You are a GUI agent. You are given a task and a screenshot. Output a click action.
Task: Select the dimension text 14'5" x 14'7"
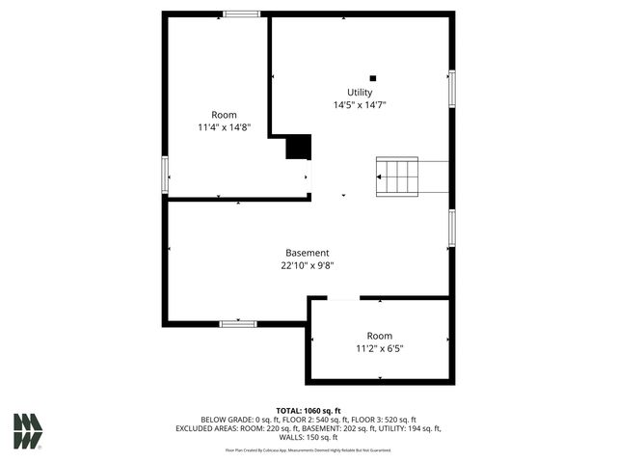(360, 105)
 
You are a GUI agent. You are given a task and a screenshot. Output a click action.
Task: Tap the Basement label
(307, 253)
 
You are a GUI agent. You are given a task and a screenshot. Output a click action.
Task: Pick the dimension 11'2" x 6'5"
(379, 348)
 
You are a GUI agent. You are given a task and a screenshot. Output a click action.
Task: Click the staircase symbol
(398, 177)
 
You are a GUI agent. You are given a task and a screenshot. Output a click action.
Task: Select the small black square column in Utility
(373, 78)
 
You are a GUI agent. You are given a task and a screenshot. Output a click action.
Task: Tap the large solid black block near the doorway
(299, 147)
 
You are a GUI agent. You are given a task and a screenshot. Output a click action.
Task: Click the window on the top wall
(241, 14)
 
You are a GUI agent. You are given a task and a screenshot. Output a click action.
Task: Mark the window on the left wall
(165, 177)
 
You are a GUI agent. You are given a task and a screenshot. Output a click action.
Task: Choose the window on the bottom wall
(238, 324)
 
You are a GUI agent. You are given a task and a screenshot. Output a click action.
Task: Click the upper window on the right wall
(450, 89)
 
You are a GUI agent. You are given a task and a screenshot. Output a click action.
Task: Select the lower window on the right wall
(450, 229)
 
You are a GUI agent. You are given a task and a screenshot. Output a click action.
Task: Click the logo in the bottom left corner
(28, 430)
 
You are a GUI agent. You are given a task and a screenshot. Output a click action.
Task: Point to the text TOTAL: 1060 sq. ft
(308, 411)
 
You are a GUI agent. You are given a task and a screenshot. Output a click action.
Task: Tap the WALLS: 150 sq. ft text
(308, 437)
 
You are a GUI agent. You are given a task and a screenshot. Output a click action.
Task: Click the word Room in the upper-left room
(224, 115)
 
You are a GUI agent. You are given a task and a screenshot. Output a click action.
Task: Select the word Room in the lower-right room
(379, 336)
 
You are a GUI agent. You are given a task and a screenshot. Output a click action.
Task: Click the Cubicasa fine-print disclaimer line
(308, 449)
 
